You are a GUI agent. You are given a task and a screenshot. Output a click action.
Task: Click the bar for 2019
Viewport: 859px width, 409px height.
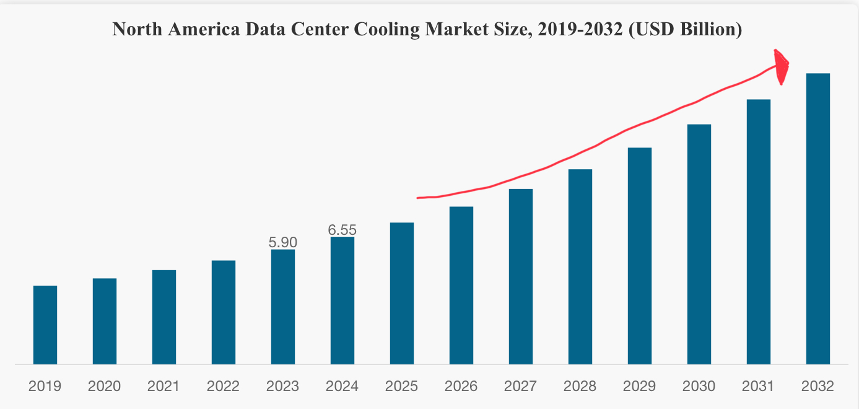coord(45,325)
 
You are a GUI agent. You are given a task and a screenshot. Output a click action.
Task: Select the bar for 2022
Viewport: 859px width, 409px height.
coord(224,312)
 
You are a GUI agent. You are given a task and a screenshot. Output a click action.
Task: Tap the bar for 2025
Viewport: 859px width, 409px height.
coord(402,293)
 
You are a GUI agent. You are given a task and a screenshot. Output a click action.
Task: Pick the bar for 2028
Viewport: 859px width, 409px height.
coord(580,266)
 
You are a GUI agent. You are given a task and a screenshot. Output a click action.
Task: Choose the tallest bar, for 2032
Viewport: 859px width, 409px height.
coord(818,219)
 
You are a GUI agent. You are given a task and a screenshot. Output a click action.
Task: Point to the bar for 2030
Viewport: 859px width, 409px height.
coord(699,244)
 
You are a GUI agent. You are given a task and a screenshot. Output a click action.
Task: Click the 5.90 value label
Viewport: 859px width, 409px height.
coord(283,242)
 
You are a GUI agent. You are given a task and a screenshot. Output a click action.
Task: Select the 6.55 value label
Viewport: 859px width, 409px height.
coord(342,230)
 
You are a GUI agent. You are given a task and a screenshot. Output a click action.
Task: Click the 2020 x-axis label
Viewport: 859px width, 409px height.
coord(105,387)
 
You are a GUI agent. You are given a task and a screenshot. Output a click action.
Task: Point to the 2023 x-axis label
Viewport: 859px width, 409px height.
coord(283,387)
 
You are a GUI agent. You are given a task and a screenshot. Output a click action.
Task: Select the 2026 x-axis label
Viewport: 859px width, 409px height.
coord(461,387)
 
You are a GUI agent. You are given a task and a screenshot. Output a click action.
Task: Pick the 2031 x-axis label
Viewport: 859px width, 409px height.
coord(759,387)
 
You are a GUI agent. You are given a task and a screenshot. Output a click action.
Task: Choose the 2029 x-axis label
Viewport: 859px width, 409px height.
coord(640,387)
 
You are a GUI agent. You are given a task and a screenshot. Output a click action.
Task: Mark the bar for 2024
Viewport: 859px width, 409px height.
coord(342,301)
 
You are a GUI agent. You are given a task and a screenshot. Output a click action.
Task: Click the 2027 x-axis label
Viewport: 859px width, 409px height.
coord(521,387)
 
